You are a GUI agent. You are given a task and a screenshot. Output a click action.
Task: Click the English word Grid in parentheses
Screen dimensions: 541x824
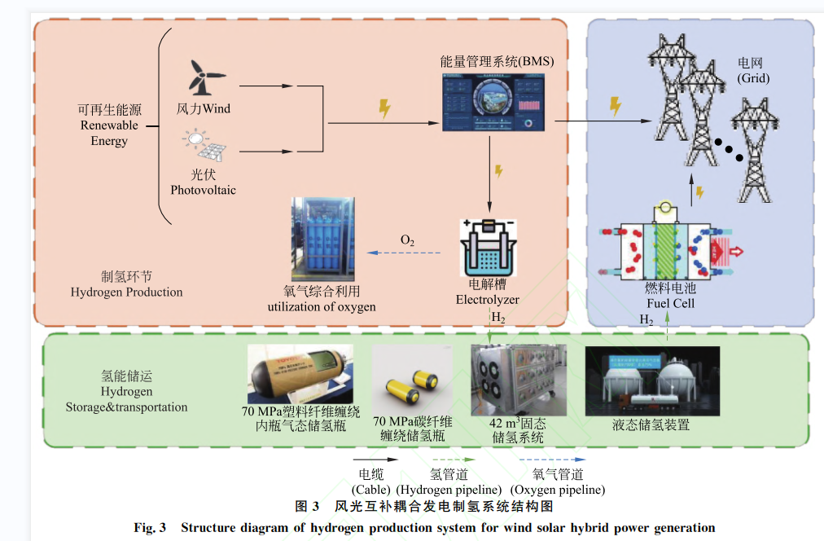753,78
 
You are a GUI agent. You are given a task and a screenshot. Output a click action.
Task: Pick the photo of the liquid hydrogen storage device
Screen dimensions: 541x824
652,380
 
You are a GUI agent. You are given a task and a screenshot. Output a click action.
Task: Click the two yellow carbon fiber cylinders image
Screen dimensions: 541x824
411,379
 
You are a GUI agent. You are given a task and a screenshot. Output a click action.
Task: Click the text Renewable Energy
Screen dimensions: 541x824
109,133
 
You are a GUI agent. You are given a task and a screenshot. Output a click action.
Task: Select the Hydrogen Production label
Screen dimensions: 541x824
126,292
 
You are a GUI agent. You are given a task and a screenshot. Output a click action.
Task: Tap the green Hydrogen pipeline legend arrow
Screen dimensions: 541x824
449,460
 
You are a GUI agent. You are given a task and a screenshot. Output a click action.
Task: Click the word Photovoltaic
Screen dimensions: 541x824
203,190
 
